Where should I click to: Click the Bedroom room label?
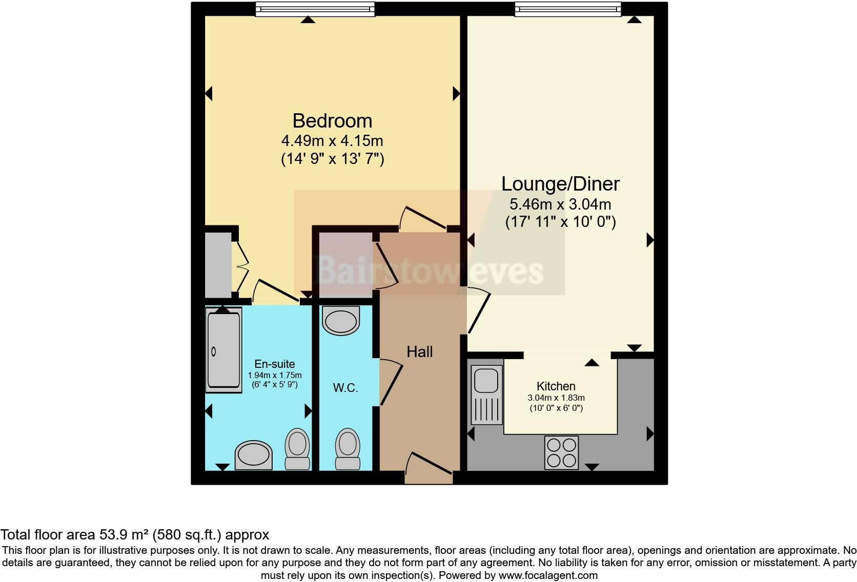coord(332,121)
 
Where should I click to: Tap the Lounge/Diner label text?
coord(560,183)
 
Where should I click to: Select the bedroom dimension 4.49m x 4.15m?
coord(332,140)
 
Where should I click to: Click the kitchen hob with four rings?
coord(561,452)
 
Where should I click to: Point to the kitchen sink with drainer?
coord(486,394)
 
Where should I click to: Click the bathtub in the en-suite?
coord(223,350)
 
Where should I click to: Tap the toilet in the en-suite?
coord(297,449)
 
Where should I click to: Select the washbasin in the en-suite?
coord(253,454)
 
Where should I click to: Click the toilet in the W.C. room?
coord(347,449)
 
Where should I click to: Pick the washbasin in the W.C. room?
coord(340,321)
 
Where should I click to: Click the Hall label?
coord(419,352)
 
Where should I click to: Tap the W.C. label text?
coord(345,388)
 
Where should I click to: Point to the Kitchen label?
coord(556,386)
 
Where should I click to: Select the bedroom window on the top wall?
coord(315,9)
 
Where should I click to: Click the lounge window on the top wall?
coord(567,9)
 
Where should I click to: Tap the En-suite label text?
coord(274,364)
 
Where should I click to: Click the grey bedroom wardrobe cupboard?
coord(218,265)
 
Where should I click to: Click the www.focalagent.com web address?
coord(547,575)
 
